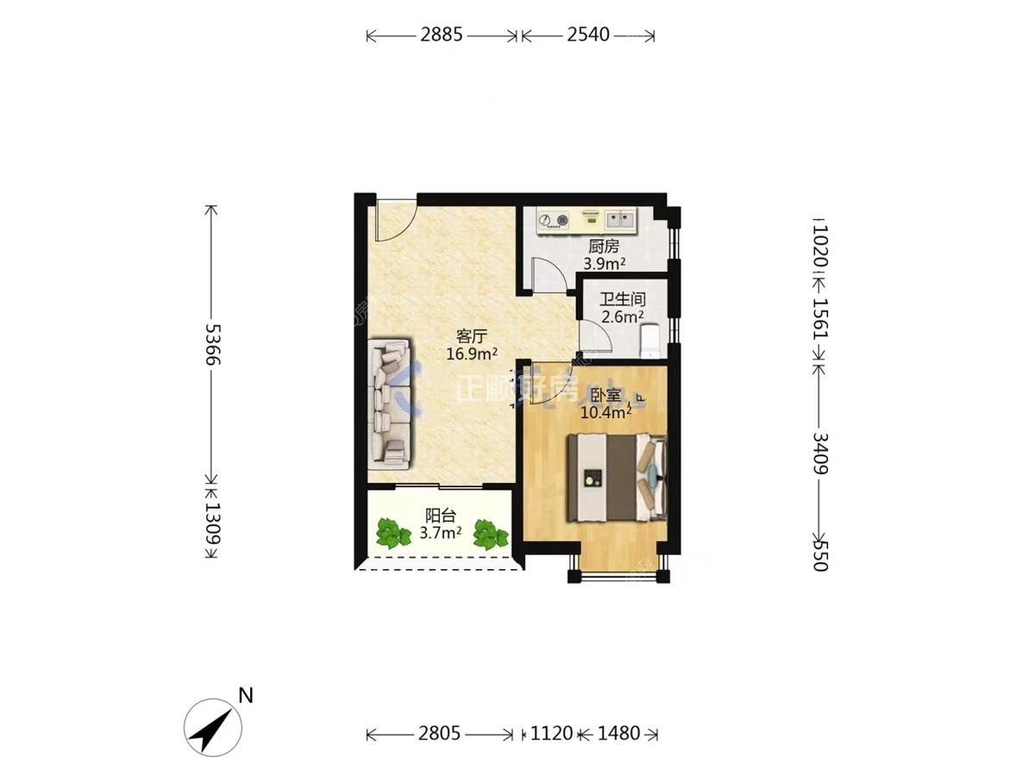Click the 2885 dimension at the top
tap(441, 34)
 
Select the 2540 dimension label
tap(588, 34)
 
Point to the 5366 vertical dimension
tap(213, 344)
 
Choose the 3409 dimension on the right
tap(821, 454)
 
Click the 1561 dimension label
tap(821, 318)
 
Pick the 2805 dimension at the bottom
tap(439, 733)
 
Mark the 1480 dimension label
tap(618, 733)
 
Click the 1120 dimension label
tap(551, 733)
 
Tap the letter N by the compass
tap(246, 695)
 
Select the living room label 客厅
tap(471, 336)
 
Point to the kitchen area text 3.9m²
tap(604, 263)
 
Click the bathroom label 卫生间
tap(623, 298)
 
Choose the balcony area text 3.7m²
tap(440, 532)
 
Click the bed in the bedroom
tap(618, 478)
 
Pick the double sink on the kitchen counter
tap(619, 219)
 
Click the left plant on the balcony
tap(392, 534)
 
